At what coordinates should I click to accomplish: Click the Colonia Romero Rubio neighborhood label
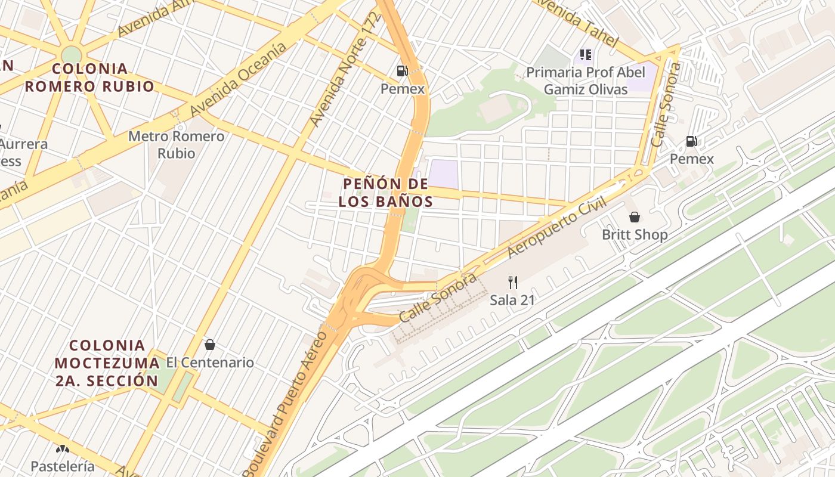[x=89, y=78]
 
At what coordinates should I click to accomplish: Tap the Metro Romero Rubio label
[x=177, y=145]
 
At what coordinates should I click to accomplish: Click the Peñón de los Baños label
[x=386, y=192]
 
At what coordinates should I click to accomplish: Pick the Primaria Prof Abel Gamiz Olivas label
[x=586, y=81]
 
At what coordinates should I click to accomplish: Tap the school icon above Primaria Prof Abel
[x=586, y=55]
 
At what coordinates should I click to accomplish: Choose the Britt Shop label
[x=635, y=234]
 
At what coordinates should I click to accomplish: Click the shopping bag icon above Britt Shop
[x=635, y=217]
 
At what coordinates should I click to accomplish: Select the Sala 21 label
[x=512, y=300]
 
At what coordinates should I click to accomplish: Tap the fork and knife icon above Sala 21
[x=512, y=282]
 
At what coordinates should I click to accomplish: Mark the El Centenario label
[x=210, y=363]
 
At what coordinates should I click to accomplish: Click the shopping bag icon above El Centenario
[x=210, y=345]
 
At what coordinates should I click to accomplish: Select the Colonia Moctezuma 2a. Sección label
[x=107, y=363]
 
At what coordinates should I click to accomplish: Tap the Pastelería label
[x=63, y=466]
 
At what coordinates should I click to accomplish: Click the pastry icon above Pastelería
[x=63, y=449]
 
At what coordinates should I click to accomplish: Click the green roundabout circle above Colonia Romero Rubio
[x=71, y=54]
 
